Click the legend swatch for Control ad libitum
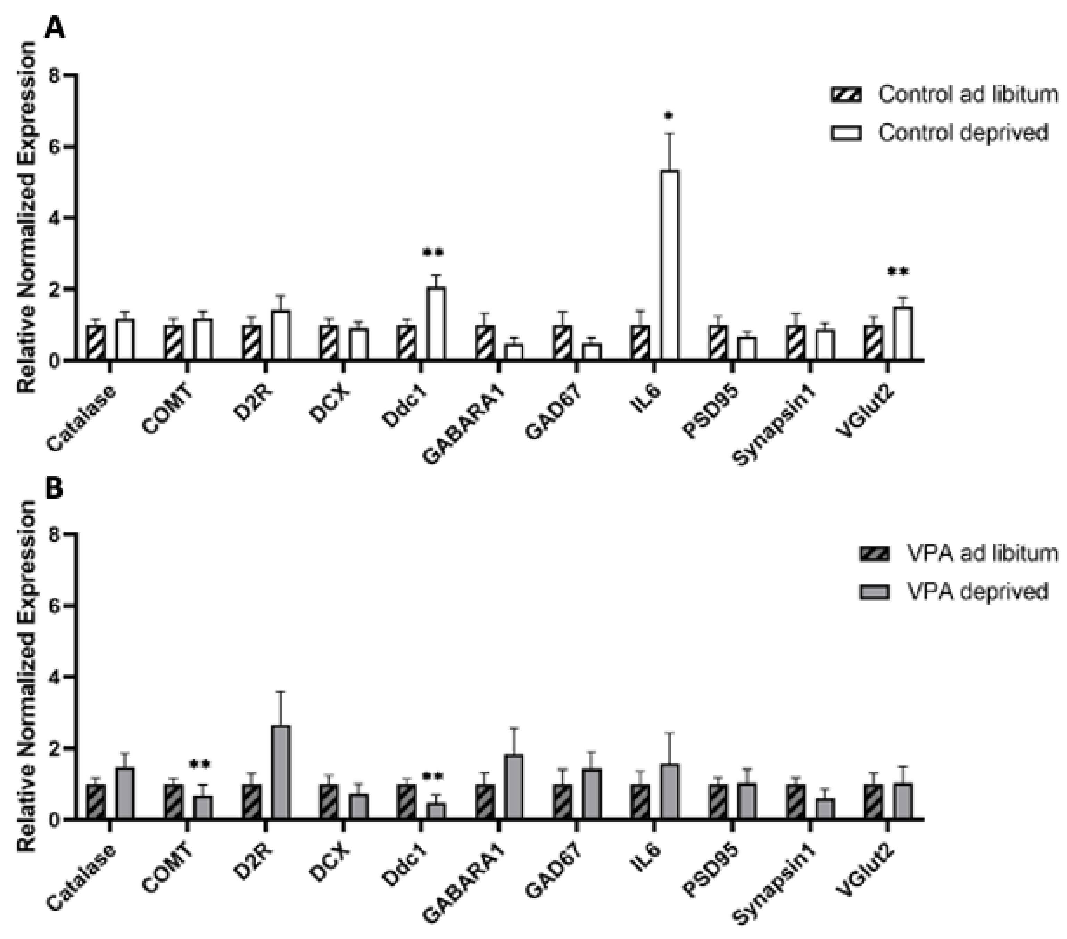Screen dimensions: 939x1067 tap(846, 95)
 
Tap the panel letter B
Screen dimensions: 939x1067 tap(54, 489)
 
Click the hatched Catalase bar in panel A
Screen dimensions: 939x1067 tap(96, 342)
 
